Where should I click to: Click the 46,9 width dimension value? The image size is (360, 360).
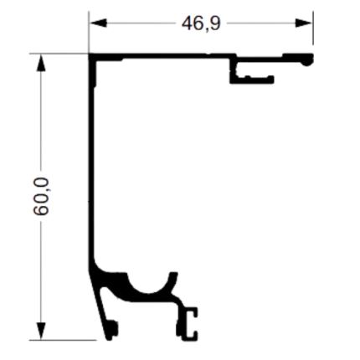[201, 23]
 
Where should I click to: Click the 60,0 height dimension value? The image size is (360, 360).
[41, 196]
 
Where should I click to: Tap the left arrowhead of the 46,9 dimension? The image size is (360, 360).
[98, 23]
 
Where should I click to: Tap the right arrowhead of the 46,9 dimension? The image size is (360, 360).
[303, 23]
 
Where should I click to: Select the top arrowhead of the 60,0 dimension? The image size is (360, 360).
[41, 63]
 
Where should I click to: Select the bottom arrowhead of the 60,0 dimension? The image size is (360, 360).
[41, 331]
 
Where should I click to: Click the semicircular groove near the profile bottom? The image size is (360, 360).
[149, 286]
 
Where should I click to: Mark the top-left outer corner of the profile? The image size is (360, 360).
[89, 53]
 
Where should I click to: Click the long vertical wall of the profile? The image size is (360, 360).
[91, 162]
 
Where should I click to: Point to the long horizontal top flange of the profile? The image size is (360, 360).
[162, 56]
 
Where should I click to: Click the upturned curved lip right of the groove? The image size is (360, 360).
[173, 282]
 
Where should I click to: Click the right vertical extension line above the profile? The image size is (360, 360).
[313, 28]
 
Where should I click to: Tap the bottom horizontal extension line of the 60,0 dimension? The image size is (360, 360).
[63, 340]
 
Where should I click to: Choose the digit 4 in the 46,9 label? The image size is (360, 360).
[187, 23]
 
